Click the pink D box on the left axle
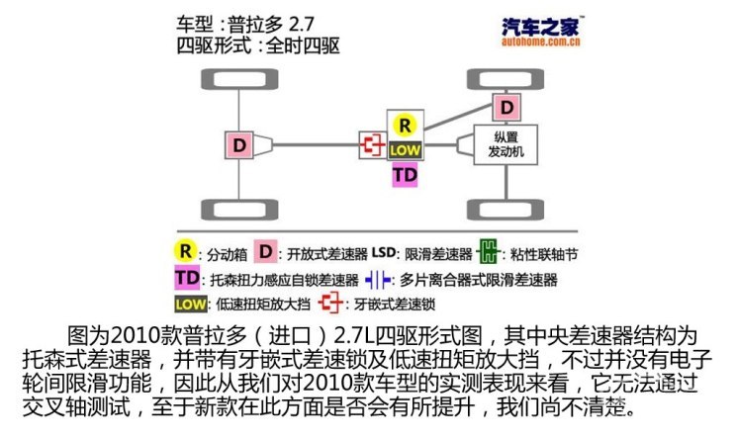click(238, 145)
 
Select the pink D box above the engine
click(506, 106)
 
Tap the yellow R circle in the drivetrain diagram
click(404, 126)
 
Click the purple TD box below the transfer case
click(405, 174)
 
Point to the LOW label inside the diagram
click(405, 149)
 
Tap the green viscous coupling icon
click(489, 252)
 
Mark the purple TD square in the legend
click(186, 279)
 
